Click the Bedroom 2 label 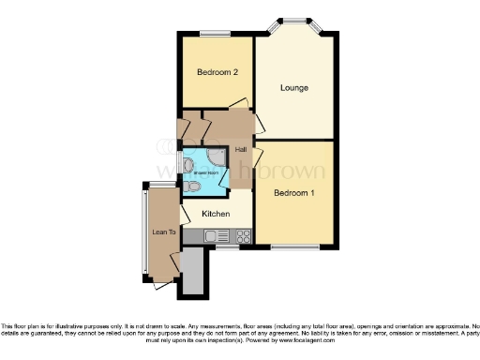coord(215,72)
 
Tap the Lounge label coord(294,87)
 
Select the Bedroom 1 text coord(293,193)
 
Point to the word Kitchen coord(217,214)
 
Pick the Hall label coord(241,150)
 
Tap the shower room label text coord(205,172)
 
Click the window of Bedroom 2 coord(216,35)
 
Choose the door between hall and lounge coord(260,119)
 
